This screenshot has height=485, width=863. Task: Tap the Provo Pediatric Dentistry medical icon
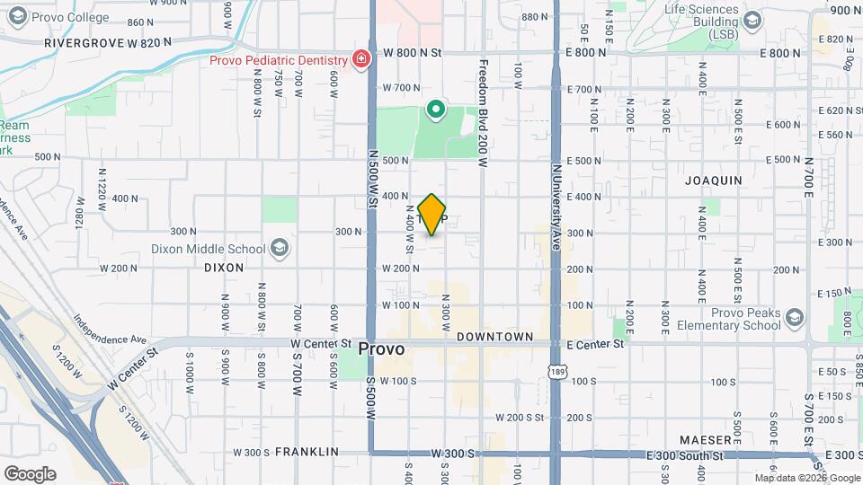click(360, 59)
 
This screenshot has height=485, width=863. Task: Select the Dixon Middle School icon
click(279, 249)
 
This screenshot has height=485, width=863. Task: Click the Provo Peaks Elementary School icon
click(794, 317)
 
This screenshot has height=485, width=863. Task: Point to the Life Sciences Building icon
click(752, 20)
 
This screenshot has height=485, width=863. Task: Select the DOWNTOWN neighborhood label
click(495, 336)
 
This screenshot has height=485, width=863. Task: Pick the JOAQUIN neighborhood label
click(714, 181)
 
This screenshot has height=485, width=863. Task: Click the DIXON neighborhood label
click(224, 268)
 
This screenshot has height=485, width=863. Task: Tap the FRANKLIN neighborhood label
click(307, 452)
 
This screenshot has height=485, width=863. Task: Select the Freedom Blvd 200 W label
click(483, 114)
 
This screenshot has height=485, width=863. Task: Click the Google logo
click(30, 473)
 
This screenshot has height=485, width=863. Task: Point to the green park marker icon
click(436, 110)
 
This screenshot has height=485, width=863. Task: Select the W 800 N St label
click(413, 53)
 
